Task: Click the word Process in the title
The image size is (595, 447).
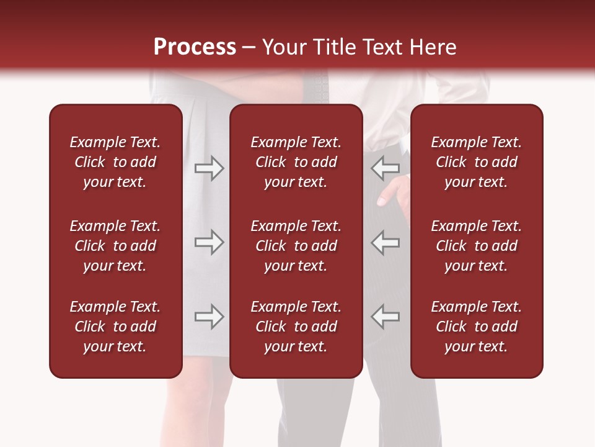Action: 195,47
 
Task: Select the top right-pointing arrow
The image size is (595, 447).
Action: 209,168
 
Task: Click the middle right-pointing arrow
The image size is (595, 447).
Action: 209,242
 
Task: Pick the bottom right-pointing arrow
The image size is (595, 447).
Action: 209,317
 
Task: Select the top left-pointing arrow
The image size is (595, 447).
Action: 386,168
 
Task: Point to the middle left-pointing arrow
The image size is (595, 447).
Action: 386,242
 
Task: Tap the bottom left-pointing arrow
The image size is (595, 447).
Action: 386,317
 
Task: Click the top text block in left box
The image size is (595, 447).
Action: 115,162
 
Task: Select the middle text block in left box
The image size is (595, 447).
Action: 115,246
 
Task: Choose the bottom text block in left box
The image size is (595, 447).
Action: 115,327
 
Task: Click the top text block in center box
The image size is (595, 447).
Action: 296,162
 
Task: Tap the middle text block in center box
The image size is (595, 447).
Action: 296,246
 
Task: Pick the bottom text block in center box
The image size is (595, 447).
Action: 296,327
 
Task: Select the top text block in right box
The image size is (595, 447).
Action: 476,162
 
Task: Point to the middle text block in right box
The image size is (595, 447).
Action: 476,246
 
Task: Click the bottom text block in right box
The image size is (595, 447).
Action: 476,327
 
